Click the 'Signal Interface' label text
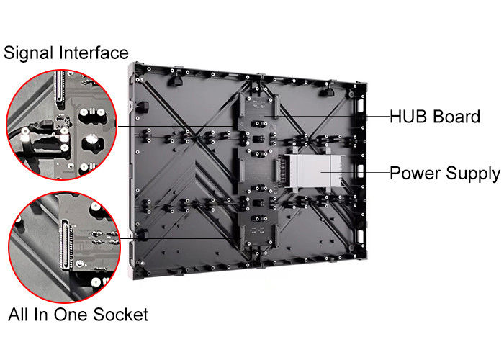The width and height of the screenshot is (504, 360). [x=66, y=53]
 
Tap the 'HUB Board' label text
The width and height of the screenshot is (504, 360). [x=435, y=117]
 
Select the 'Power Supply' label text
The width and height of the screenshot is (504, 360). [x=445, y=174]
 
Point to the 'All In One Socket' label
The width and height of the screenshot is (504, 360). [x=78, y=315]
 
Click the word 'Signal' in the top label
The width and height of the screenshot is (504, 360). [x=28, y=53]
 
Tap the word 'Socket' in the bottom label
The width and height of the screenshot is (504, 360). [x=120, y=315]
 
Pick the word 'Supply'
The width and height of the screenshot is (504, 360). [x=473, y=174]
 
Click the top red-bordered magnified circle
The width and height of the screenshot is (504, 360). [x=62, y=125]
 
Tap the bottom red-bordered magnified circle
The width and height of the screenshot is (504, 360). [x=65, y=247]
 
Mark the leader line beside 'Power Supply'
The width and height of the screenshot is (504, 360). [x=355, y=172]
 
